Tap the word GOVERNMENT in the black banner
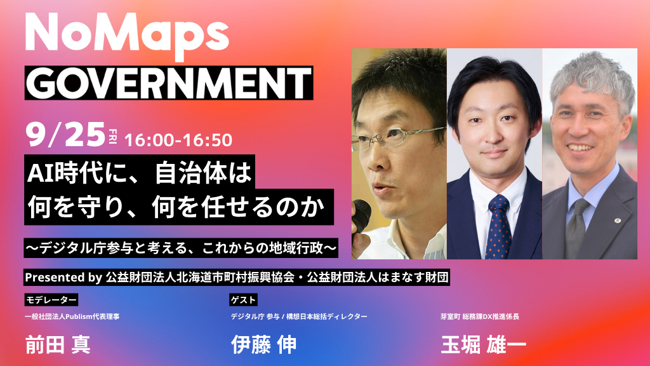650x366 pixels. coord(169,83)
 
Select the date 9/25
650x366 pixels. coord(65,135)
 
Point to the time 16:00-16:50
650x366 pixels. coord(178,140)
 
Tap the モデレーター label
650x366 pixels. coord(51,300)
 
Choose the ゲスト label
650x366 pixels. coord(243,300)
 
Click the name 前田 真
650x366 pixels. coord(58,345)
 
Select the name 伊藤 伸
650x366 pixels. coord(263,345)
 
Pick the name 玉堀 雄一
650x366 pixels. coord(483,345)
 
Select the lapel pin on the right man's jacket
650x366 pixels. coord(617,220)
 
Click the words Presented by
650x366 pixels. coord(63,278)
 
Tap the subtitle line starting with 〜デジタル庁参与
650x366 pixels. coord(181,248)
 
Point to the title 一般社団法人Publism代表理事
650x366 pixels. coord(72,316)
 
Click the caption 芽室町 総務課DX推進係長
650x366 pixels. coord(480,316)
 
